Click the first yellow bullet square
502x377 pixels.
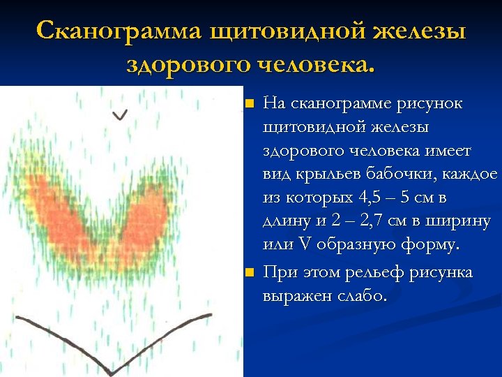pyautogui.click(x=250, y=105)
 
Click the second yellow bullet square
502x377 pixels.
pyautogui.click(x=250, y=273)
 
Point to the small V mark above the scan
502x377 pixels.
pyautogui.click(x=121, y=114)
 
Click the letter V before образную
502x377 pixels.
pyautogui.click(x=305, y=246)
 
